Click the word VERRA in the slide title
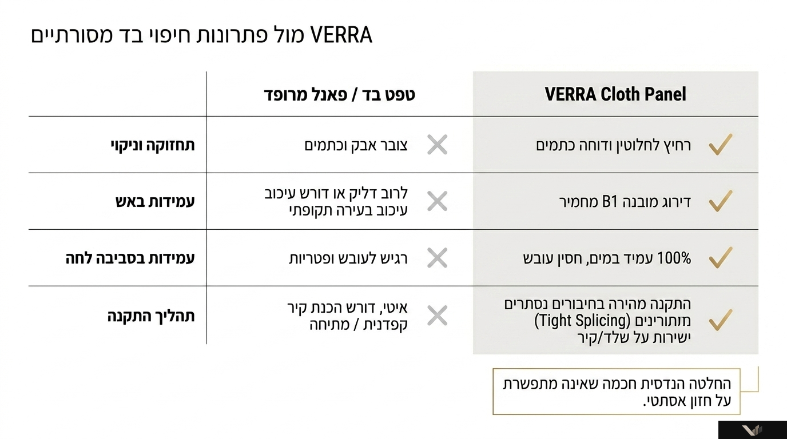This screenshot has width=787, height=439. point(341,35)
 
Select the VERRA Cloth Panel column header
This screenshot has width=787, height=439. point(615,94)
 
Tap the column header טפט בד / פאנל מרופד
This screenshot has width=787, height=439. point(339,94)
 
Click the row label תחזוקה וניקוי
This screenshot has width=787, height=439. point(153,145)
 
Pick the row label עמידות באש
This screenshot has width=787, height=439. point(155,202)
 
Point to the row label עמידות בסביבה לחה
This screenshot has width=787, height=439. point(130,258)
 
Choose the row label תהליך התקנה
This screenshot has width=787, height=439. point(151,316)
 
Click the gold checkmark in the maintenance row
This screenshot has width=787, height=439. point(721,145)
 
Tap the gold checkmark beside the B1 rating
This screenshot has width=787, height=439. point(721,201)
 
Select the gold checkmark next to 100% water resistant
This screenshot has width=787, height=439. point(721,258)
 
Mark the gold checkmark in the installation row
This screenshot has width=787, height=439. point(721,320)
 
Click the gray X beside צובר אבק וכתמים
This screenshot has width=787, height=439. point(438,145)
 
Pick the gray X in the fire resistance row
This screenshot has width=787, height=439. point(438,201)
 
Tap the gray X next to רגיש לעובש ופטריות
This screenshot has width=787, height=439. point(438,258)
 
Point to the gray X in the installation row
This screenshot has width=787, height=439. point(438,316)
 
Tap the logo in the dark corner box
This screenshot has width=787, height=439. point(752,430)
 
